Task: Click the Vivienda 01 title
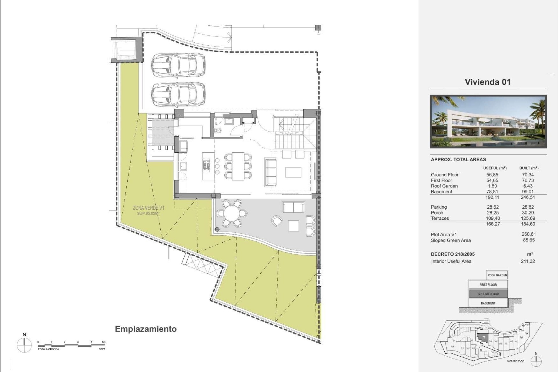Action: point(487,82)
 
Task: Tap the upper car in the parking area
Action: point(178,65)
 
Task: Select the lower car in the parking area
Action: point(178,95)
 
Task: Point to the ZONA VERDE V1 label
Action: point(149,208)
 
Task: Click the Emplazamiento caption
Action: point(146,329)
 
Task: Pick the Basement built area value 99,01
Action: point(528,192)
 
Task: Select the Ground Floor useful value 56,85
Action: point(492,175)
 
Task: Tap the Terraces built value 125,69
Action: point(528,218)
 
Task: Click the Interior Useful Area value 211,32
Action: point(528,261)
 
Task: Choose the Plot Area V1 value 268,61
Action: point(528,234)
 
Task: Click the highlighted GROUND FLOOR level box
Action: point(488,294)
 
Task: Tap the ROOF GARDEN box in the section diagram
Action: point(497,275)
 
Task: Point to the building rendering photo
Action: point(488,121)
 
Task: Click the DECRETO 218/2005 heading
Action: point(453,254)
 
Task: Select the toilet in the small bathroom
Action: point(218,130)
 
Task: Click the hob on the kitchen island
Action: point(206,165)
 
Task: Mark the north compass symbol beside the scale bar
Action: point(24,345)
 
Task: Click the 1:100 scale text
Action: point(102,349)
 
